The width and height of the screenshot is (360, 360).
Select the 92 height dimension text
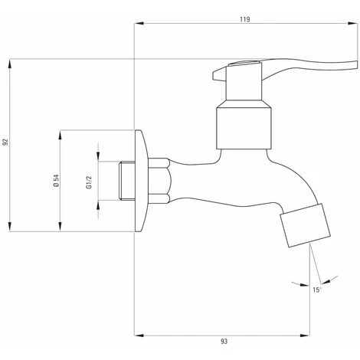[x=6, y=142]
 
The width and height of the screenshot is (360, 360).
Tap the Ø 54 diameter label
[x=56, y=181]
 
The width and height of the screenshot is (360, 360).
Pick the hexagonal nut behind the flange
[x=159, y=182]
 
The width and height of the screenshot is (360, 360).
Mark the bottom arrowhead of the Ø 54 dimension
[x=61, y=230]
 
